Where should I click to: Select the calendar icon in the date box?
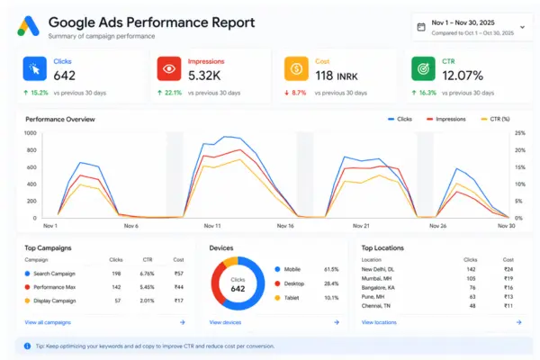pos(420,27)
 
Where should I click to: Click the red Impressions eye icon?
pos(166,69)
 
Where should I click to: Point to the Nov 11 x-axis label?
pos(212,226)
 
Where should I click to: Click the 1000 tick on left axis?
pos(31,133)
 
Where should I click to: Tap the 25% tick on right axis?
pos(518,133)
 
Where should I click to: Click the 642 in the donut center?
pos(238,288)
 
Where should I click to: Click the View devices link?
pos(226,321)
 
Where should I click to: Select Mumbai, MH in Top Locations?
pos(379,278)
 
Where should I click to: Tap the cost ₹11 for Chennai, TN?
pos(508,306)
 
